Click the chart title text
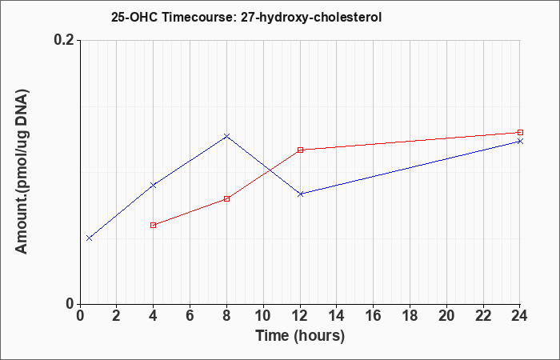tap(246, 17)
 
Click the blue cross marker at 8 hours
tap(226, 136)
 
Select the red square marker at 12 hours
tap(300, 150)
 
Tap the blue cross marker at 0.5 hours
tap(90, 238)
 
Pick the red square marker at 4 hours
tap(154, 225)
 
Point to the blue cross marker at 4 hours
tap(154, 185)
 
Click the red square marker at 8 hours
tap(226, 198)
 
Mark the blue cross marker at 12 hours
tap(300, 194)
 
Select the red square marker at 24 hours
tap(520, 133)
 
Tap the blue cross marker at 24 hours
tap(520, 141)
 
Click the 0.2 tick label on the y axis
tap(64, 40)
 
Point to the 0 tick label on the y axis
tap(70, 304)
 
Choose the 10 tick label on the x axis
tap(263, 316)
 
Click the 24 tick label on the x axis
tap(520, 316)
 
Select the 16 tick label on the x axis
tap(374, 316)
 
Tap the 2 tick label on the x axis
tap(117, 316)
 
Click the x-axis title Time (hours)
tap(300, 336)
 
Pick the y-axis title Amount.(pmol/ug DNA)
tap(22, 171)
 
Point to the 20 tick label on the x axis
tap(446, 316)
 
